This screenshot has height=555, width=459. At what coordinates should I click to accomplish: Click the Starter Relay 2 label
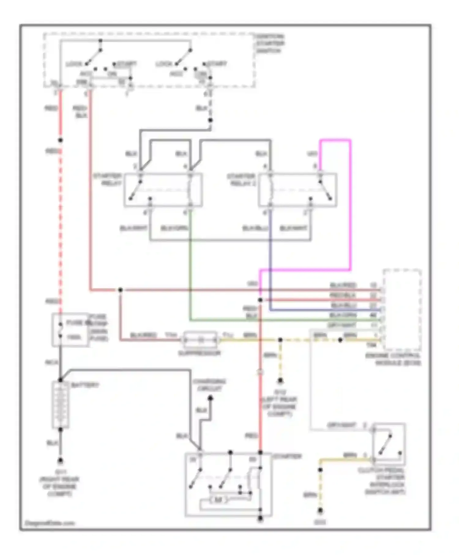[241, 180]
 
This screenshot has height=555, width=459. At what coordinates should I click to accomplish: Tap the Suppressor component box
[200, 340]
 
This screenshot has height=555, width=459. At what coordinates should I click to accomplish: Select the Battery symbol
[61, 404]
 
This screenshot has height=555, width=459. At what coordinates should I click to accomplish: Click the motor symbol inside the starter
[218, 500]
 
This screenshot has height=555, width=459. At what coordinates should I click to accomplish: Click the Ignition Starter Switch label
[270, 43]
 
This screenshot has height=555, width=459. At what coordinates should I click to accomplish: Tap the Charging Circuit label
[210, 385]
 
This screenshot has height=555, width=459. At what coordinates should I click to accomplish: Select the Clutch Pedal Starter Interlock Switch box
[389, 444]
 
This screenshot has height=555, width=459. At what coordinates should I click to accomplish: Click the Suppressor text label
[199, 353]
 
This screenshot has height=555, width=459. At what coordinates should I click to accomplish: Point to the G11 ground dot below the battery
[61, 460]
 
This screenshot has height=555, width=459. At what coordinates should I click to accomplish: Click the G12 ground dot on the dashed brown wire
[280, 381]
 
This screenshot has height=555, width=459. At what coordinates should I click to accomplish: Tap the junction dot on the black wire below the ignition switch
[210, 120]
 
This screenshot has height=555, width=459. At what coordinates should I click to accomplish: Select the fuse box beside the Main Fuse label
[70, 330]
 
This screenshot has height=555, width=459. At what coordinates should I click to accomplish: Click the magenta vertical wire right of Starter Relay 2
[350, 205]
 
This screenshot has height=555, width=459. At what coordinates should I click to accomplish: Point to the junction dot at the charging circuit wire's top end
[210, 398]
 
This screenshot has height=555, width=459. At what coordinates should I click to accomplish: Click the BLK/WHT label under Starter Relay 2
[293, 228]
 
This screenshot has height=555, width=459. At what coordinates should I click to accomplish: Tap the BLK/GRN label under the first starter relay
[174, 228]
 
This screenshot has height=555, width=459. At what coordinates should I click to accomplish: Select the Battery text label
[85, 385]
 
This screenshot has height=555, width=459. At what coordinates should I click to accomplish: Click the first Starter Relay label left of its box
[108, 180]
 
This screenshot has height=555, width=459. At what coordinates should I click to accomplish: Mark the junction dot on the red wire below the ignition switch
[61, 140]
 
